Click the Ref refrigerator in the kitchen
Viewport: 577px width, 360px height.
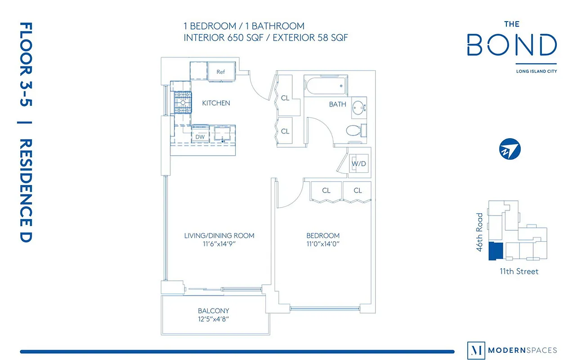pos(221,72)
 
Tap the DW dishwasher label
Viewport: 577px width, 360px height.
pos(200,136)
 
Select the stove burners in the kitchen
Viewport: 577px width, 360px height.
pos(183,103)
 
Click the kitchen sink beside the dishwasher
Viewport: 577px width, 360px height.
pos(222,134)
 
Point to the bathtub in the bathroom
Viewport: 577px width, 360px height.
pos(326,85)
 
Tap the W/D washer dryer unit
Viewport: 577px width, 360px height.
pos(359,164)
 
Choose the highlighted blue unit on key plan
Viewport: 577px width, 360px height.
pos(495,252)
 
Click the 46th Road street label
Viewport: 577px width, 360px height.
pos(479,232)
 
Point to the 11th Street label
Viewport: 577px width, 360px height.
pos(519,271)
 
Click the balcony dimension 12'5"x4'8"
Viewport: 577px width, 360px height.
pos(214,319)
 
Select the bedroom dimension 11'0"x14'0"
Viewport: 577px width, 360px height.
pos(322,244)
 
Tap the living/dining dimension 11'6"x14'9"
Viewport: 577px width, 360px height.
pos(219,244)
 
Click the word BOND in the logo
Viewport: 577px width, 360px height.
pos(512,45)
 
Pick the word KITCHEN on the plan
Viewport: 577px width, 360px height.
pos(216,103)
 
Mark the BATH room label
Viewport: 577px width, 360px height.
pos(337,104)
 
